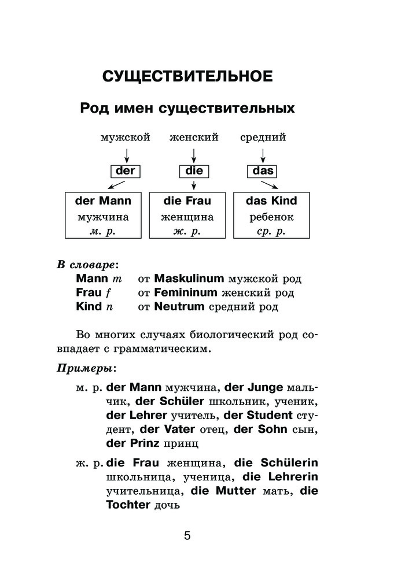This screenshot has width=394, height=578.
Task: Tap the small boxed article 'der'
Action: pyautogui.click(x=125, y=171)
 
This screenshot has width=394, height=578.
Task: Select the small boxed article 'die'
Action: pyautogui.click(x=193, y=171)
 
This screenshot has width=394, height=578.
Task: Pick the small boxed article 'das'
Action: pyautogui.click(x=263, y=171)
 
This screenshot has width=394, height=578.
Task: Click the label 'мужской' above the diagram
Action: pyautogui.click(x=125, y=138)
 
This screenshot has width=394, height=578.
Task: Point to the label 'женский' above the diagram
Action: pyautogui.click(x=193, y=138)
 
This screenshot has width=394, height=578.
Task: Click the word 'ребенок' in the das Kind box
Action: pyautogui.click(x=272, y=218)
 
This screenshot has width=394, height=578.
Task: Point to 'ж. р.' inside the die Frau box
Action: pyautogui.click(x=187, y=232)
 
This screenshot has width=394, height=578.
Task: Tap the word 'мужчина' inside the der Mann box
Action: pyautogui.click(x=103, y=218)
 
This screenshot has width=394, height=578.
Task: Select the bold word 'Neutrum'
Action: pyautogui.click(x=179, y=306)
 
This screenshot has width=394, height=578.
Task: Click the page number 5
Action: pyautogui.click(x=187, y=535)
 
